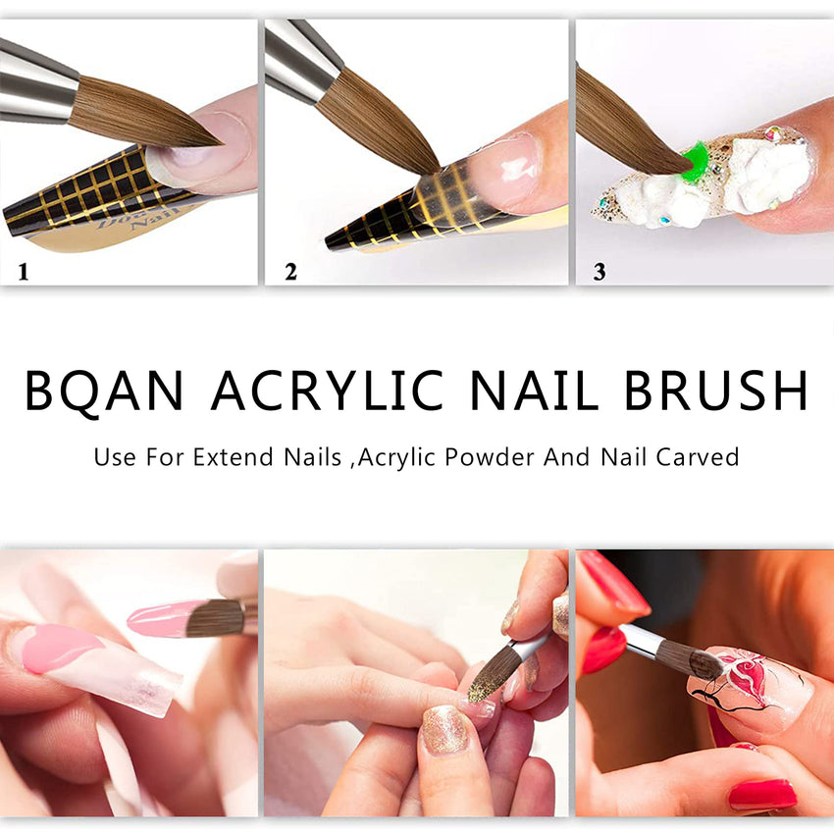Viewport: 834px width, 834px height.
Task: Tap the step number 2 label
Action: [x=290, y=272]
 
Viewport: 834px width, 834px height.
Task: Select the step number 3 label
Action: [x=599, y=272]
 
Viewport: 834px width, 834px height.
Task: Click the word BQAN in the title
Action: [x=104, y=391]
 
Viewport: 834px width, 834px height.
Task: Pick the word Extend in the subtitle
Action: [x=225, y=457]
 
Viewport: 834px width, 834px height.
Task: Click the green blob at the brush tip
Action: [x=695, y=160]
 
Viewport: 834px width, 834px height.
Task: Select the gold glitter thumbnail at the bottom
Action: [x=445, y=730]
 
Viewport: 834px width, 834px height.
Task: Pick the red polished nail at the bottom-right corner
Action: [x=761, y=794]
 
